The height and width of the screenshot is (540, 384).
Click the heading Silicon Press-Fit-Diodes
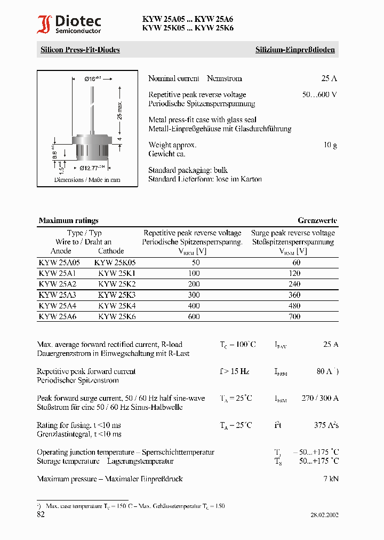[x=80, y=50]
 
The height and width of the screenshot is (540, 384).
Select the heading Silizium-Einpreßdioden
[x=295, y=50]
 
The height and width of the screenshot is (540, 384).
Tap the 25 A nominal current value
[x=329, y=78]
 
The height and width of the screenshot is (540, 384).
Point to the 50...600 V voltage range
[x=319, y=94]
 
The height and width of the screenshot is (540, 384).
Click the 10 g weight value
[x=330, y=145]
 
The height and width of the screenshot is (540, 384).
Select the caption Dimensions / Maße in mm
[x=87, y=180]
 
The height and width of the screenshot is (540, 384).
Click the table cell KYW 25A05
[x=59, y=263]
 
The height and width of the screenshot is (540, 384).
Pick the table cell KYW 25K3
[x=117, y=295]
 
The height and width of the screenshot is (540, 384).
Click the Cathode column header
[x=111, y=251]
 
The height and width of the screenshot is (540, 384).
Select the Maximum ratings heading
[x=68, y=220]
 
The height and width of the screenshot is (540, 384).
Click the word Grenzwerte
[x=317, y=220]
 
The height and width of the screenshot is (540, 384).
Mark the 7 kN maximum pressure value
[x=331, y=479]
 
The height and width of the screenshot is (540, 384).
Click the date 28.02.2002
[x=324, y=515]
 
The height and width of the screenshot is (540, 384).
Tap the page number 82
[x=41, y=514]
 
